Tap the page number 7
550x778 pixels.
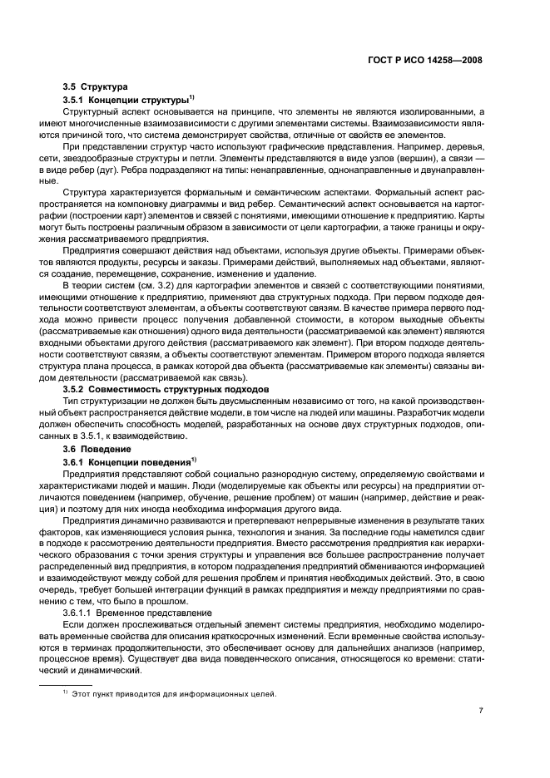coord(482,712)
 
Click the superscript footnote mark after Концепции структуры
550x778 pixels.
coord(193,96)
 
